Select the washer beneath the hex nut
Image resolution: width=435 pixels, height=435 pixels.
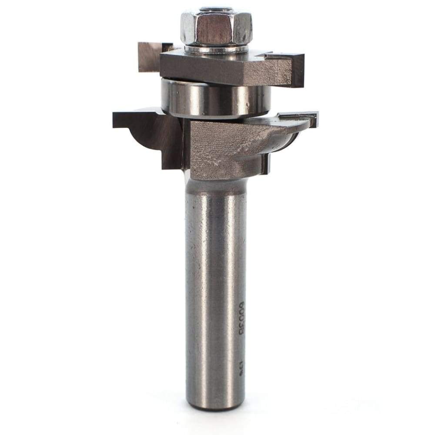point(216,49)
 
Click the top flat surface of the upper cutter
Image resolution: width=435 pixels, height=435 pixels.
point(261,54)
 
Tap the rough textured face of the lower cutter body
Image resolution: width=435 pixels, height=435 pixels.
point(213,148)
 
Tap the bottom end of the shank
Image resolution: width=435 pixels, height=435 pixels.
point(215,407)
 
